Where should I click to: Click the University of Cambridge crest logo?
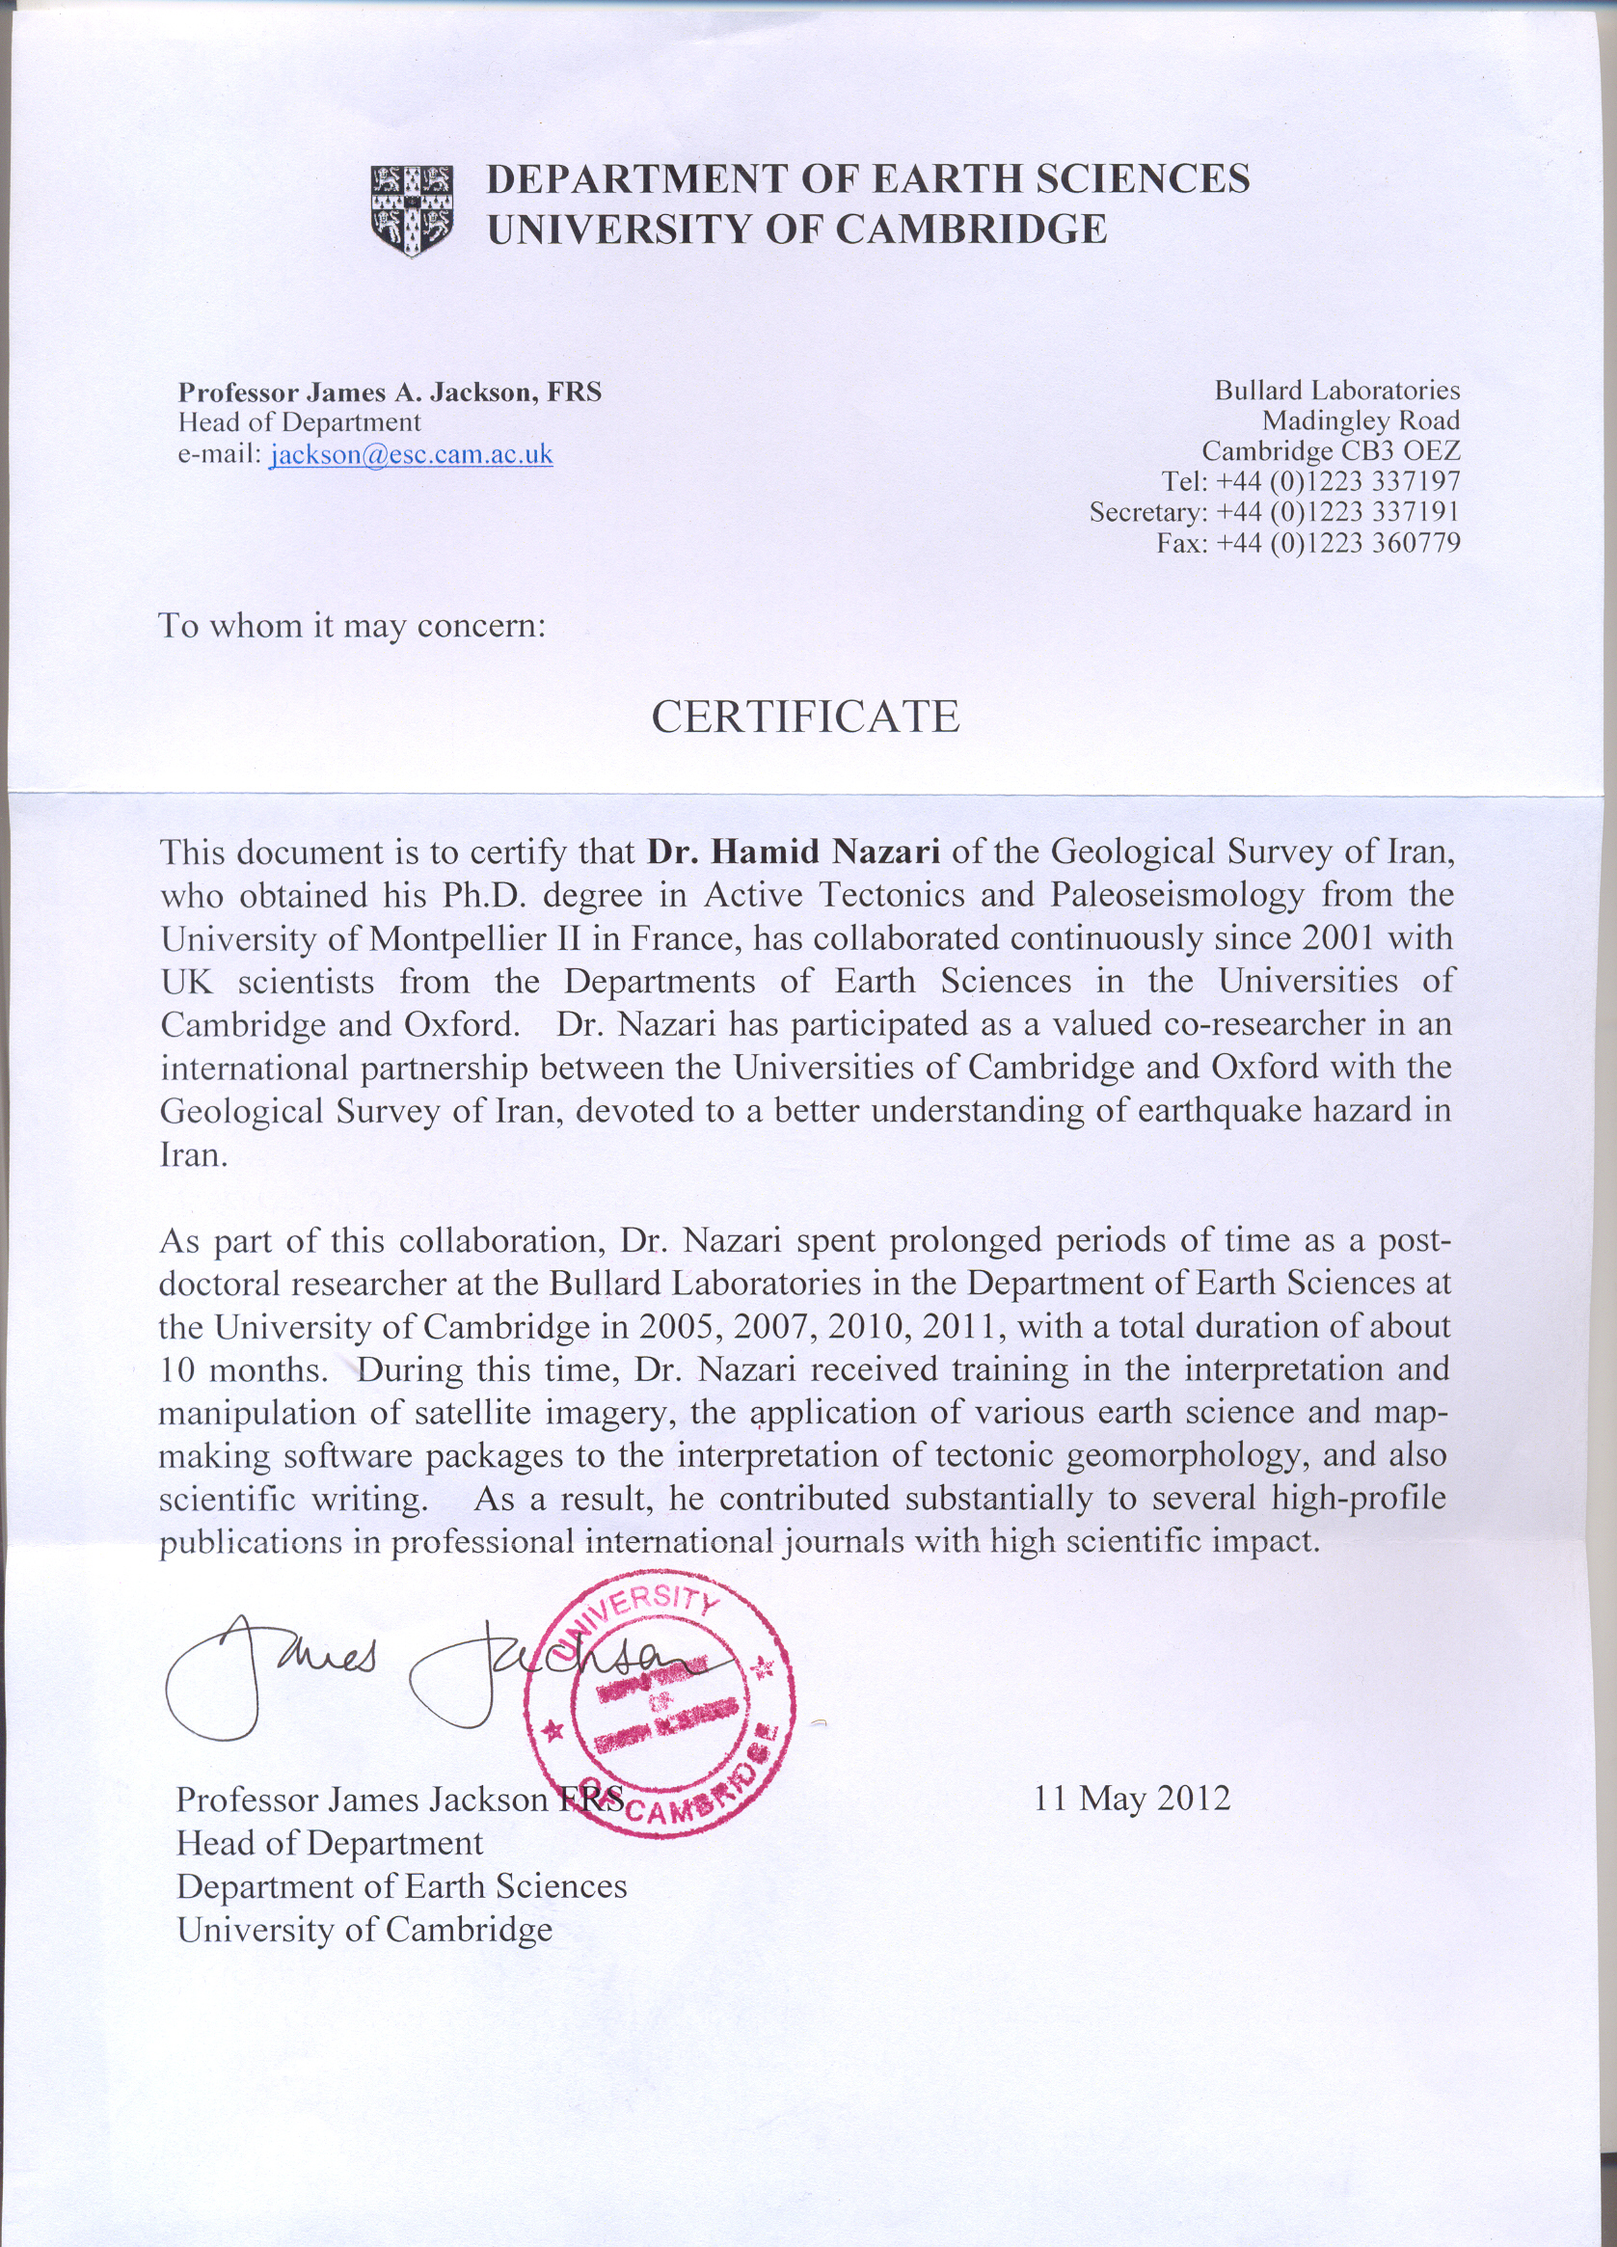click(411, 209)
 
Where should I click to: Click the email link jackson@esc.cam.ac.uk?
click(410, 455)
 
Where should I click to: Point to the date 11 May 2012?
click(1131, 1799)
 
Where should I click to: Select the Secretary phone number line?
click(1274, 512)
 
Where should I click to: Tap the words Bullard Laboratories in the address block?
click(1336, 391)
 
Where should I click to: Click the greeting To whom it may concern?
click(352, 626)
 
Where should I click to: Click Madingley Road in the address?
click(1361, 421)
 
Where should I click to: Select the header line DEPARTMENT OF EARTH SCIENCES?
click(867, 179)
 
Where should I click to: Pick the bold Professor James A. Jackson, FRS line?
click(390, 393)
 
